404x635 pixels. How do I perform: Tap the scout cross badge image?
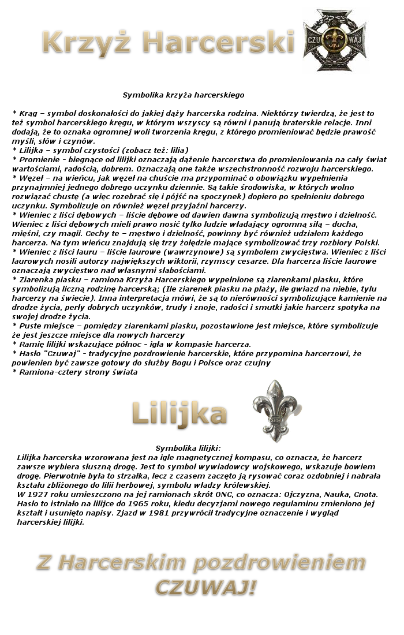pos(335,40)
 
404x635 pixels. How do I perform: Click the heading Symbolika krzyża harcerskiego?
pos(184,95)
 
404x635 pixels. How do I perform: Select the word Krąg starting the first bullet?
pos(27,114)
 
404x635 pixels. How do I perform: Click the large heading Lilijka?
pos(179,414)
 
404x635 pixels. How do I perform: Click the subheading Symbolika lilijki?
pos(188,448)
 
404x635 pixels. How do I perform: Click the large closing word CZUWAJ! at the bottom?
pos(205,588)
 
